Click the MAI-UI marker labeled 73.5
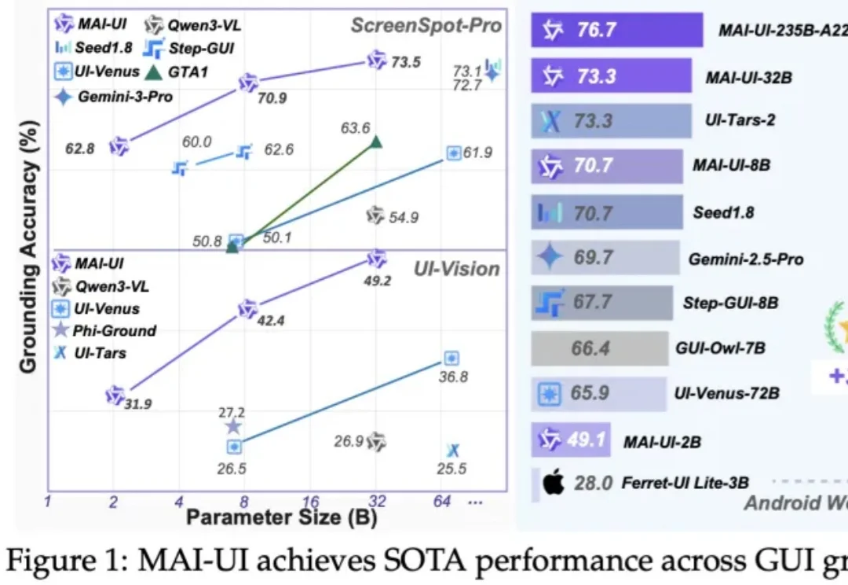tap(378, 60)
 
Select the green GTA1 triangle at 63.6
tap(376, 142)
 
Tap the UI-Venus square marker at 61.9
tap(453, 153)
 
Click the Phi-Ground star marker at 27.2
tap(233, 426)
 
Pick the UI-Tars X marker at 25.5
tap(452, 451)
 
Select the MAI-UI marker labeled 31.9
tap(115, 396)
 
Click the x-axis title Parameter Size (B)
tap(281, 518)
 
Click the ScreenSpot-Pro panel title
tap(425, 25)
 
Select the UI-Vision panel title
tap(457, 269)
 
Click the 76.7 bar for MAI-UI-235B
tap(616, 31)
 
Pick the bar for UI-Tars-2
tap(611, 121)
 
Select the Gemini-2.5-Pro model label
tap(745, 258)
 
